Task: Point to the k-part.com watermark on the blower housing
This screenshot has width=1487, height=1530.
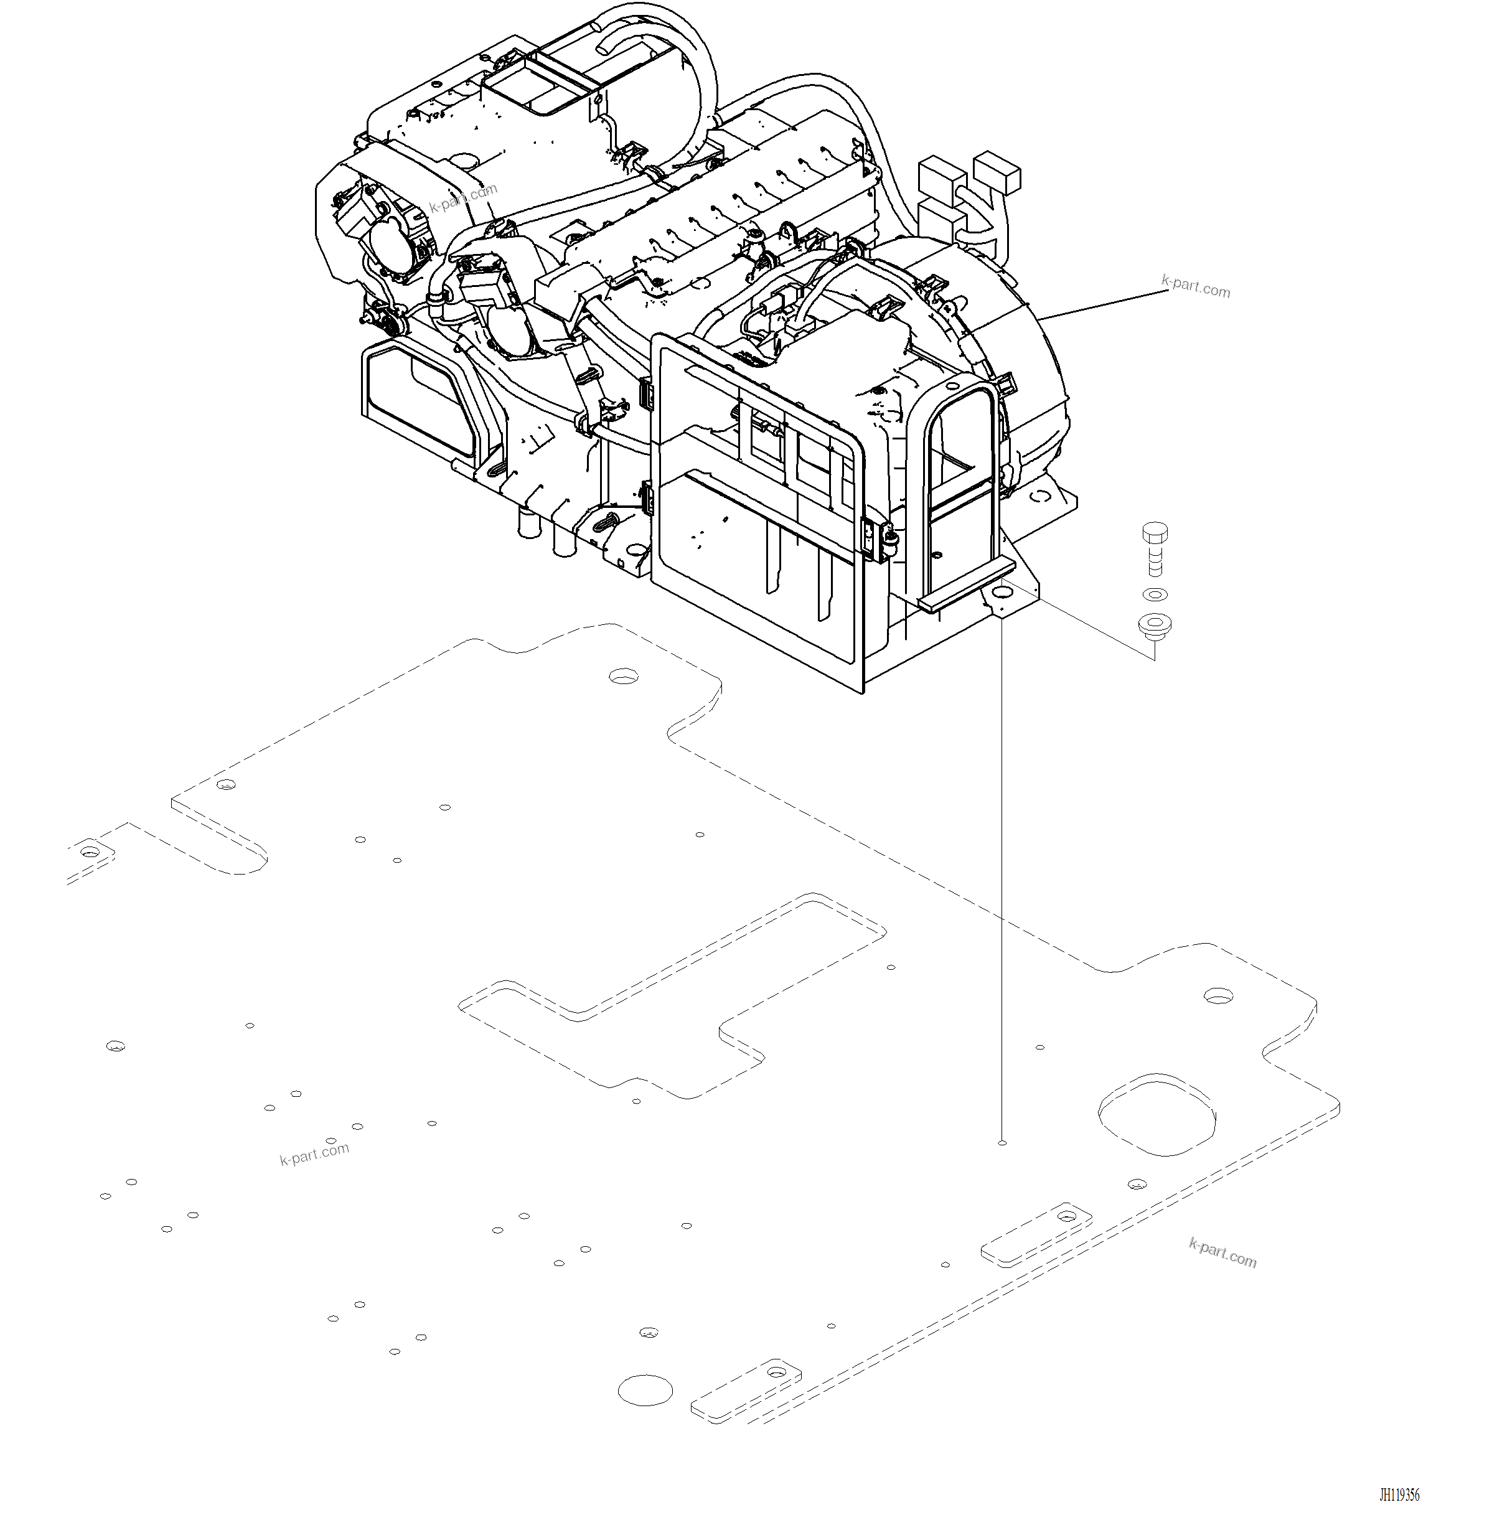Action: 463,199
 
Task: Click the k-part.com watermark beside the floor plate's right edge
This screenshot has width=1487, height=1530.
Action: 1222,1253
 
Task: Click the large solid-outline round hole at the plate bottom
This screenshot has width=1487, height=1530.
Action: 645,1390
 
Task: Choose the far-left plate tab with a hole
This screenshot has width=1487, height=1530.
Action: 91,852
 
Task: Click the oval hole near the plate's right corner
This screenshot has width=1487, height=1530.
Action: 1218,997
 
